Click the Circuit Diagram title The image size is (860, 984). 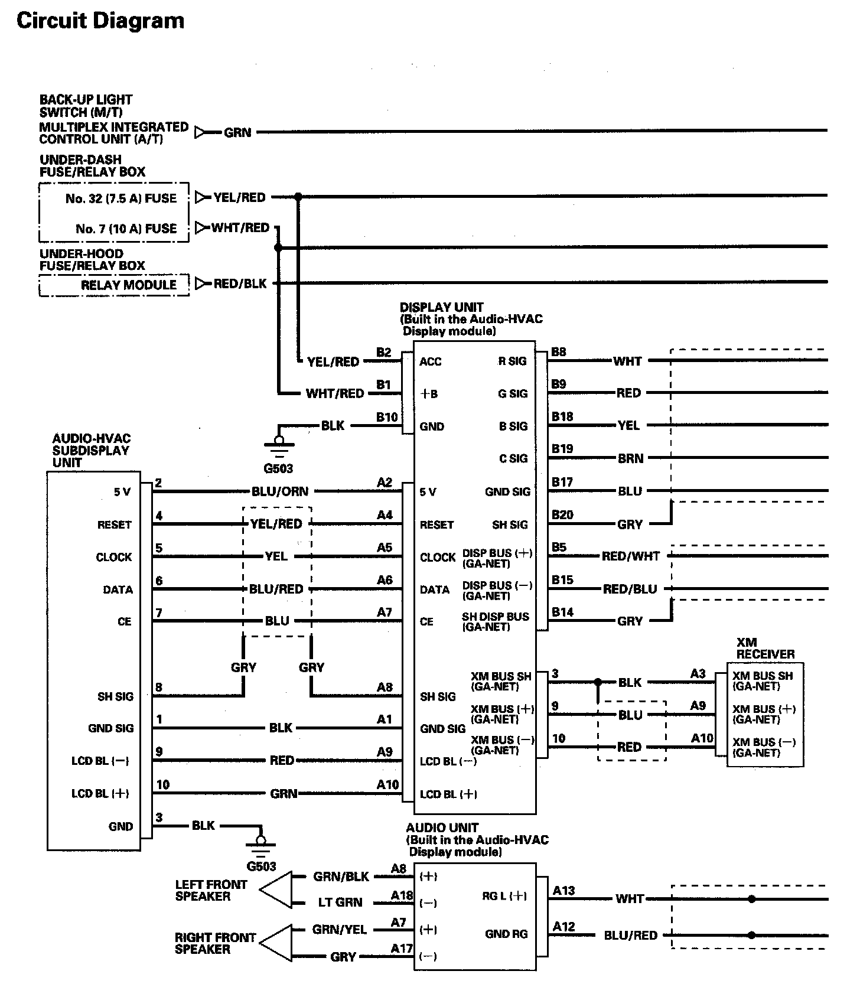[100, 21]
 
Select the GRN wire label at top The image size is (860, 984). [237, 132]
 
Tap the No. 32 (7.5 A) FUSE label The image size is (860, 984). [121, 198]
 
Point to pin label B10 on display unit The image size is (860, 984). [387, 417]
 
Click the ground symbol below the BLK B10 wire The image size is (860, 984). [279, 446]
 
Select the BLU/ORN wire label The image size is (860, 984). [279, 491]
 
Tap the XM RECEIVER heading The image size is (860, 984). [765, 648]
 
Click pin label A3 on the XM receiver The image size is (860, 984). [698, 673]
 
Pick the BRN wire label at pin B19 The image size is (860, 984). [630, 458]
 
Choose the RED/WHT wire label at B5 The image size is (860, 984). [630, 556]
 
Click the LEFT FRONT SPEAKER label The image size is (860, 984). [211, 890]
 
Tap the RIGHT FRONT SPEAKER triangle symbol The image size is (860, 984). [276, 943]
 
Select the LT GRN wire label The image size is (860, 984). [340, 902]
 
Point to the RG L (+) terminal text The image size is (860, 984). [504, 896]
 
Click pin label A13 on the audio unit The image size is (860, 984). [563, 890]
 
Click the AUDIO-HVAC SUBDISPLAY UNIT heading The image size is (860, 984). [91, 450]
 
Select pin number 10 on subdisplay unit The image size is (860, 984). [163, 784]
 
